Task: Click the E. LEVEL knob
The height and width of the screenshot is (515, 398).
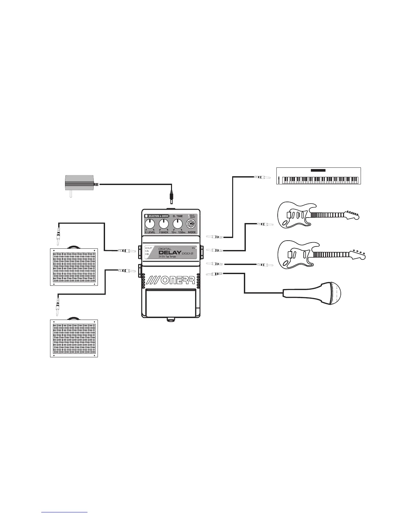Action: pos(150,224)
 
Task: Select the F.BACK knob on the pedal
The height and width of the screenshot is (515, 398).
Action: pos(164,224)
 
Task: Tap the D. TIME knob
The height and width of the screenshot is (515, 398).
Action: pos(178,224)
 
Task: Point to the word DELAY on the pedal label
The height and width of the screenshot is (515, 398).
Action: pos(170,253)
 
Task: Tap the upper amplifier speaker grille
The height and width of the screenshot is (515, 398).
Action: pos(74,267)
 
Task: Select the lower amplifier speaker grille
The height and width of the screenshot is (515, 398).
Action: pos(74,338)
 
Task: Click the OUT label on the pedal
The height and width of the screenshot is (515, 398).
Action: pos(149,248)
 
